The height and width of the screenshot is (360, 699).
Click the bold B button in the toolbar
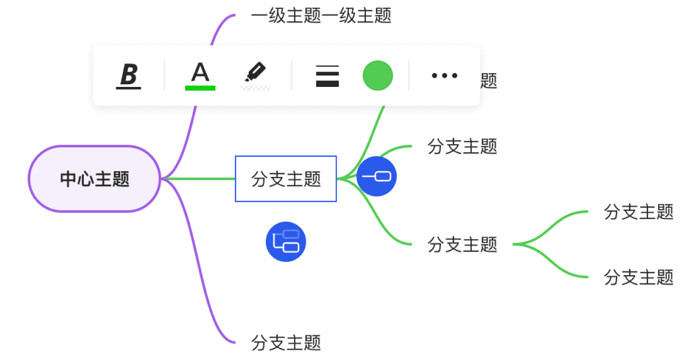(x=128, y=75)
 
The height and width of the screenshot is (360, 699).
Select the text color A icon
(x=200, y=73)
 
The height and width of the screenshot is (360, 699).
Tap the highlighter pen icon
(x=255, y=73)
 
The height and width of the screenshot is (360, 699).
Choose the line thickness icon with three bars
(x=327, y=76)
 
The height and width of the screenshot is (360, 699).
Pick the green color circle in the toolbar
(x=378, y=76)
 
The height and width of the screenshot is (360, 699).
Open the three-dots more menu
(x=444, y=76)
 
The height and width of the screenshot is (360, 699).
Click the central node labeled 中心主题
(x=95, y=179)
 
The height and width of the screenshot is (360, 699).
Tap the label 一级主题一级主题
(x=321, y=15)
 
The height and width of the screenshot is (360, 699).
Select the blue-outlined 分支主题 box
(x=286, y=179)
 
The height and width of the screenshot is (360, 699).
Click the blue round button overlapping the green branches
(x=377, y=176)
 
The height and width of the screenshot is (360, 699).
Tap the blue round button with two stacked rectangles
(x=286, y=242)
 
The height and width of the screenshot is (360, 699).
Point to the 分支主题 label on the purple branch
(x=286, y=342)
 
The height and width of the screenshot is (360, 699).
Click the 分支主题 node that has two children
(x=463, y=244)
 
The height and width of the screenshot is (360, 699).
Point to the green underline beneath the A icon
(x=200, y=88)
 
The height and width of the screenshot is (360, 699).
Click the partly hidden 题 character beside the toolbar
(x=489, y=81)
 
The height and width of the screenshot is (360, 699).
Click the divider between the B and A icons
(x=164, y=76)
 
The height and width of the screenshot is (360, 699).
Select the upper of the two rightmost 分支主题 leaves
(x=638, y=211)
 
